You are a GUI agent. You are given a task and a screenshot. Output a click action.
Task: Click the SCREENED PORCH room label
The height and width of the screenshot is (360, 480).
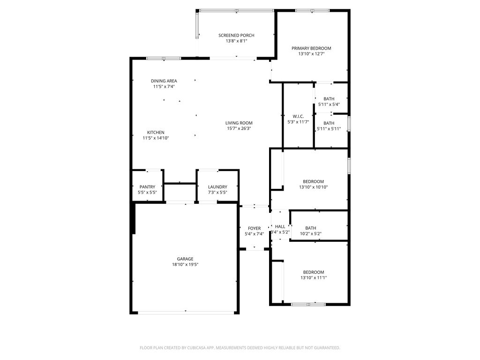(x=236, y=36)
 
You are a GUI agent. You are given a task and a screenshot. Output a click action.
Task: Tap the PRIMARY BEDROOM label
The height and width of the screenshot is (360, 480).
(x=311, y=48)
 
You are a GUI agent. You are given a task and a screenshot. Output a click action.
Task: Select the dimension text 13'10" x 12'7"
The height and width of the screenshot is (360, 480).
(x=311, y=54)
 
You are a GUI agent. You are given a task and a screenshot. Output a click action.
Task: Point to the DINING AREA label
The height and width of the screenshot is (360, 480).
(x=164, y=81)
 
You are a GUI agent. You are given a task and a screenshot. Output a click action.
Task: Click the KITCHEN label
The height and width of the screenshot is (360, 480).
(x=156, y=133)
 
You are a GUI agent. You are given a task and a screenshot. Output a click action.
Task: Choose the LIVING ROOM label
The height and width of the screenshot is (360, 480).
(x=239, y=123)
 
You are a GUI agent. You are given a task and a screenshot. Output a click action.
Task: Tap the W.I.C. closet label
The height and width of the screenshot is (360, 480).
(x=298, y=116)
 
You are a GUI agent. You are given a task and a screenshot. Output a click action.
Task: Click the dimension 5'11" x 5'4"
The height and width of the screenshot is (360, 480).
(x=329, y=105)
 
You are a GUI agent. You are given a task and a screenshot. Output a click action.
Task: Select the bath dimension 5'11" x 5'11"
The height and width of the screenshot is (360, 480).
(x=329, y=129)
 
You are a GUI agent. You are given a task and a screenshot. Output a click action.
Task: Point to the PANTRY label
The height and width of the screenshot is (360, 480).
(x=147, y=187)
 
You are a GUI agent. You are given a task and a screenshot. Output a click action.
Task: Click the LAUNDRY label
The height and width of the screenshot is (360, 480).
(x=217, y=187)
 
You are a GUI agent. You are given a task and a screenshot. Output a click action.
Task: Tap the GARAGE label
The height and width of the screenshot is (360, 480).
(x=185, y=259)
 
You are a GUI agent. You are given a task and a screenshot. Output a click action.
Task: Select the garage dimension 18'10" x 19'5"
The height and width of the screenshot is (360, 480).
(x=185, y=264)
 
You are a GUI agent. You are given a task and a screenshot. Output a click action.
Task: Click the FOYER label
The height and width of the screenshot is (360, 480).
(x=255, y=228)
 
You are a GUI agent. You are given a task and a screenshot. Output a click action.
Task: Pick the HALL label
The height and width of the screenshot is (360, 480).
(x=280, y=226)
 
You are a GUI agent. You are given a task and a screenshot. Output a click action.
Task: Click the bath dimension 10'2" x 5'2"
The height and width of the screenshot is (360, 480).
(x=311, y=233)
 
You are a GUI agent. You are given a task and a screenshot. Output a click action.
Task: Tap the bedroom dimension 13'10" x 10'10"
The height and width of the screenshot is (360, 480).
(x=314, y=187)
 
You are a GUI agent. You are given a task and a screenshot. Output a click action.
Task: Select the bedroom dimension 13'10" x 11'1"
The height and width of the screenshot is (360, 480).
(x=314, y=278)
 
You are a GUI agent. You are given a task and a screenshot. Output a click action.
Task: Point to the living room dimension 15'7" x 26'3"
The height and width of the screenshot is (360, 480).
(x=239, y=128)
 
